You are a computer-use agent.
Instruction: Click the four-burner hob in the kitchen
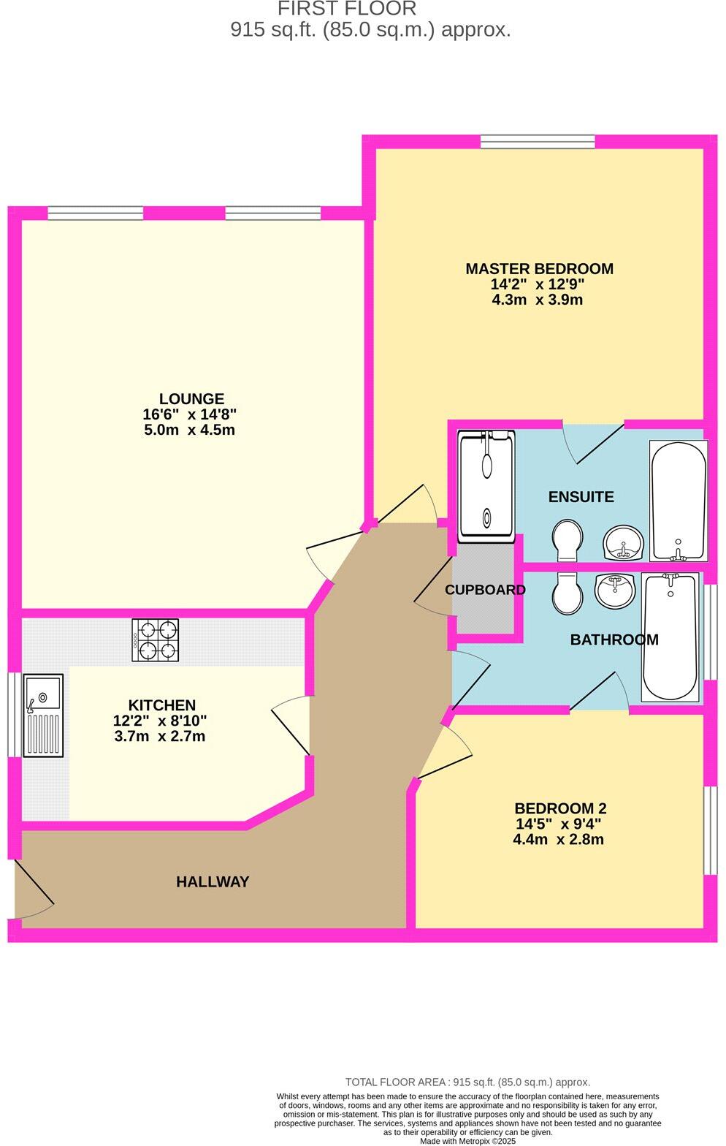tap(155, 640)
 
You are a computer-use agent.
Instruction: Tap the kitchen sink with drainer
tap(43, 715)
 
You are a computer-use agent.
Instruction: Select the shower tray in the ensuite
tap(486, 486)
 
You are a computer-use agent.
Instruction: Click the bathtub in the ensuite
tap(678, 500)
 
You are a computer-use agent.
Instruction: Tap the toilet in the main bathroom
tap(568, 593)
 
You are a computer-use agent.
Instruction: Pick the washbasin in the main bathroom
tap(615, 591)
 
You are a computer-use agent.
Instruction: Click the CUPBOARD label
tap(485, 590)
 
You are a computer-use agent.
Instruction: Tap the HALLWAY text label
tap(213, 882)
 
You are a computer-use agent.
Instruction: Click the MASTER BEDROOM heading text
tap(539, 269)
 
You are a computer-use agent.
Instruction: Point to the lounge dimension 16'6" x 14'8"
tap(189, 414)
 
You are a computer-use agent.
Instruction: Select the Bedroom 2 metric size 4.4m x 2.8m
tap(558, 839)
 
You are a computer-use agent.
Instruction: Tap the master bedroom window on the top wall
tap(538, 142)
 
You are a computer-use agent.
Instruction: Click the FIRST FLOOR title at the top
tap(347, 10)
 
